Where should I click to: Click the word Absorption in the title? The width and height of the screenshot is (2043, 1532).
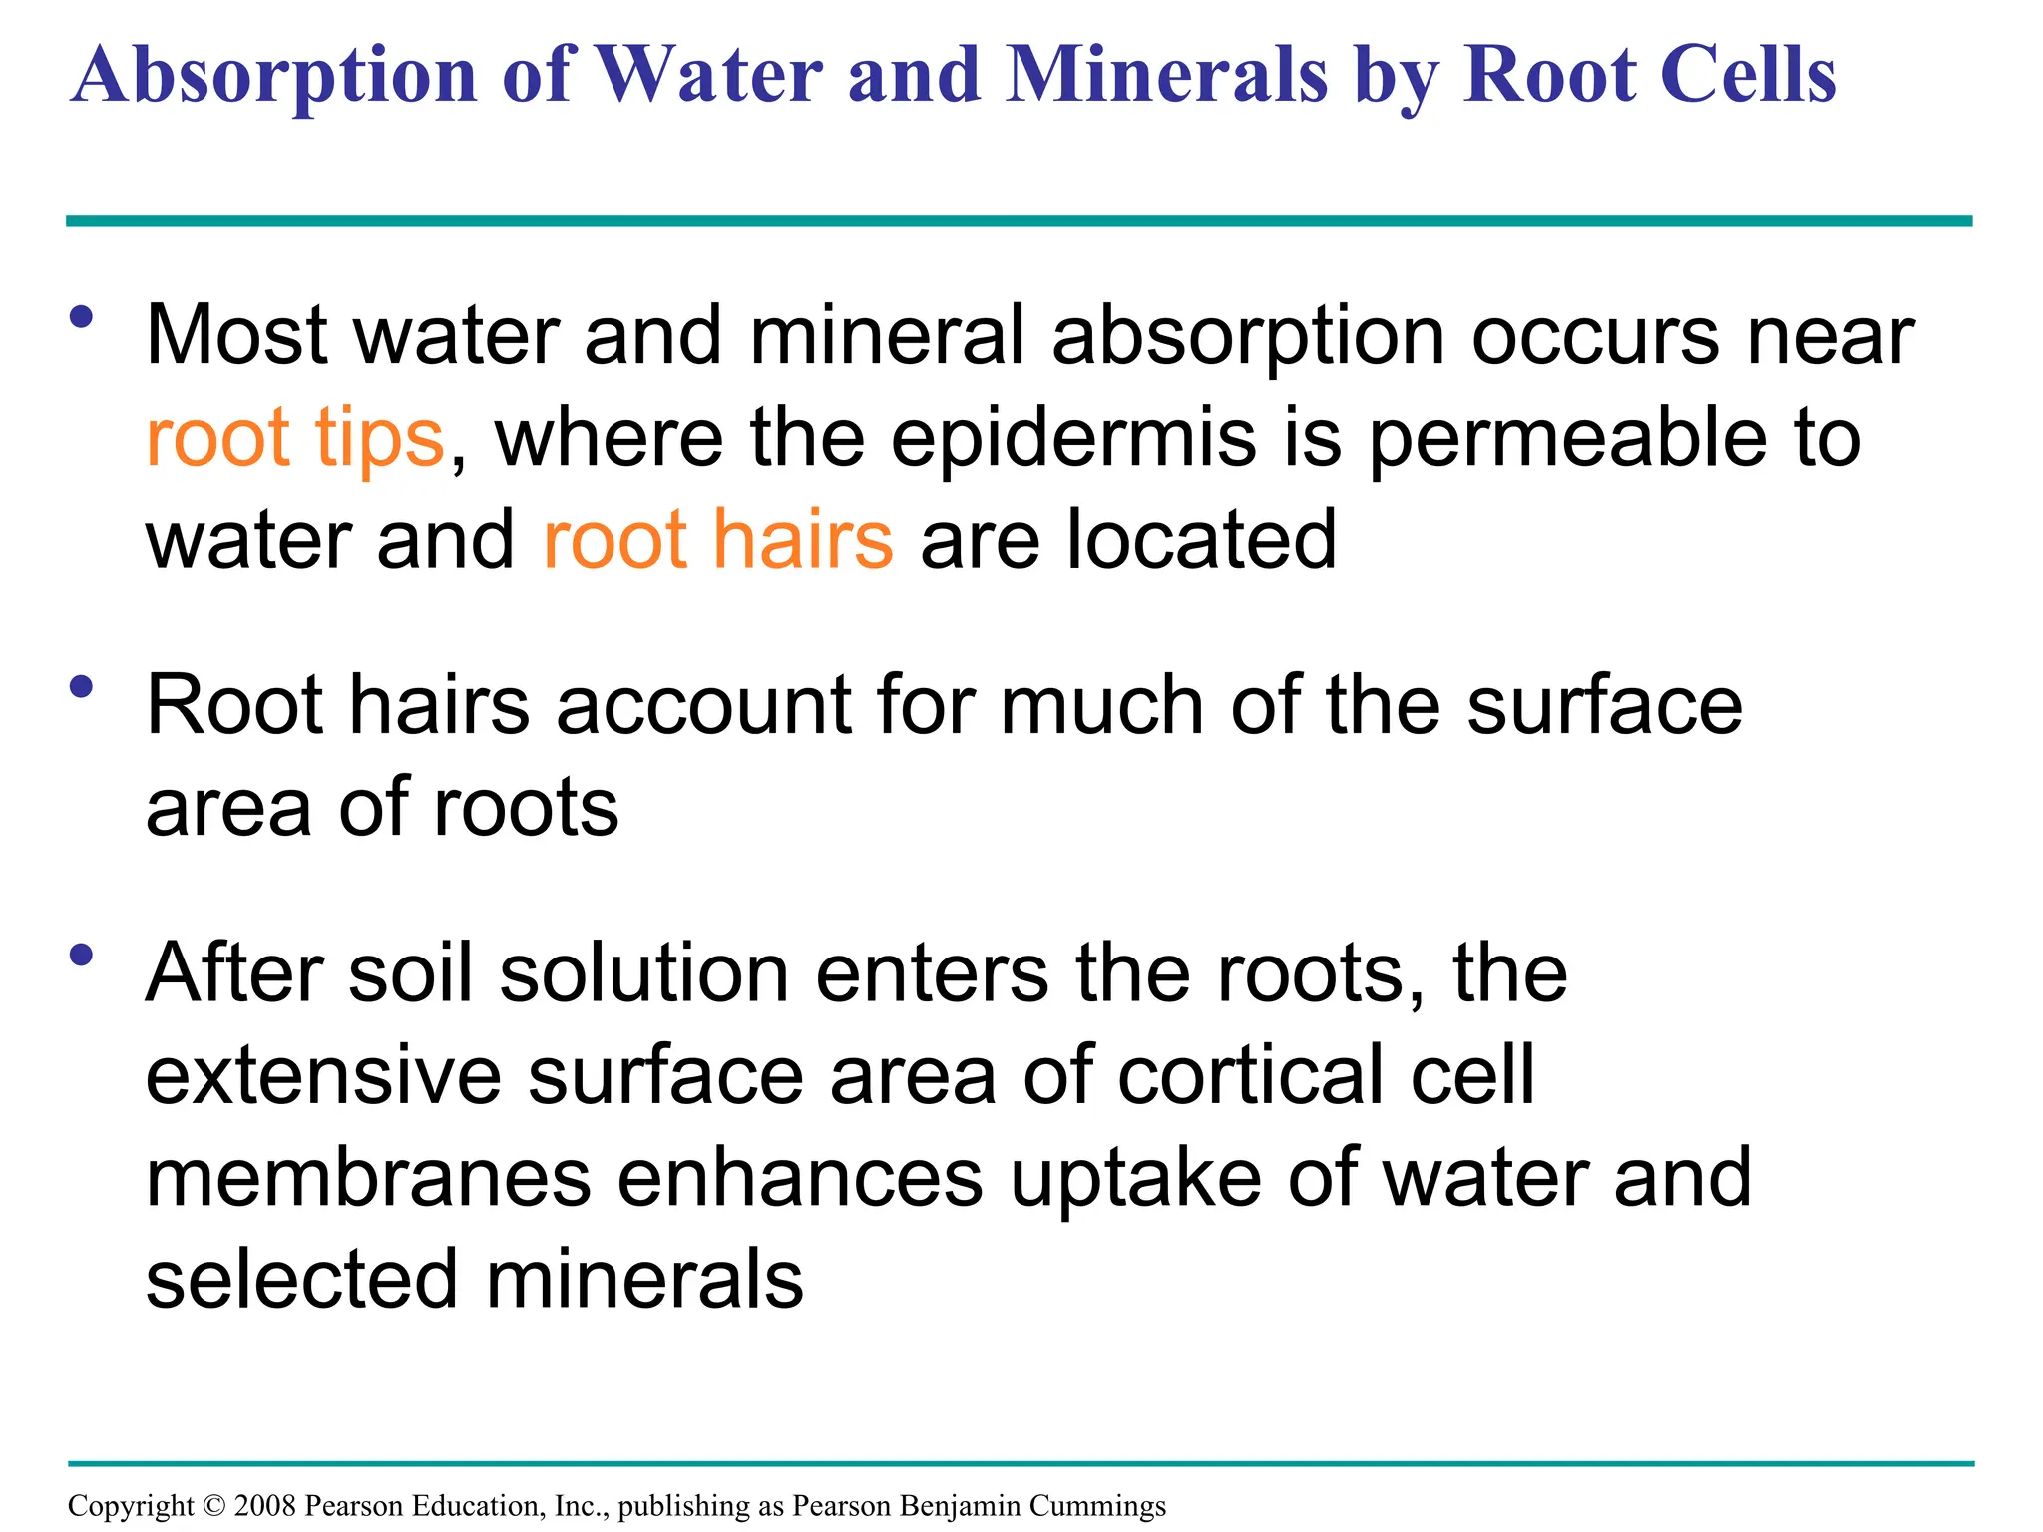pos(274,76)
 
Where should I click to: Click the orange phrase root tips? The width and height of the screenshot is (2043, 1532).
pos(294,439)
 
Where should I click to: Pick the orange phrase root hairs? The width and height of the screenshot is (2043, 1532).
pos(718,540)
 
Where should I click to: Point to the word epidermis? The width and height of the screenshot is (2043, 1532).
pos(1072,439)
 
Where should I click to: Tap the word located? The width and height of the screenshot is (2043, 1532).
pos(1201,540)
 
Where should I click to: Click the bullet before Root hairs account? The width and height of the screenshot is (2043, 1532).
pos(82,686)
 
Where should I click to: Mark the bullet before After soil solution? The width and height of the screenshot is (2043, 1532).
pos(82,955)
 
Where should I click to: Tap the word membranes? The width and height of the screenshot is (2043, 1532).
pos(369,1178)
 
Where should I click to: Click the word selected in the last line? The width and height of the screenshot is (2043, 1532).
pos(303,1280)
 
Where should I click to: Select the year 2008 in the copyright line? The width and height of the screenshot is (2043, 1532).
pos(265,1506)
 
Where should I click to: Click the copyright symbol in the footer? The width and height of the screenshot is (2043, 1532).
pos(214,1506)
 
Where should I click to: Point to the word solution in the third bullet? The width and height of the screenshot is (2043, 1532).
pos(644,974)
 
